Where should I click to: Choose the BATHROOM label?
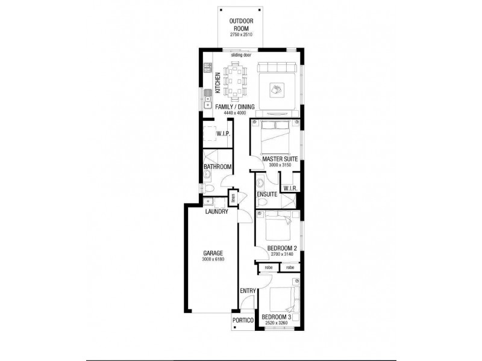[218, 166]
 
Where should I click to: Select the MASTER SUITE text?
[277, 159]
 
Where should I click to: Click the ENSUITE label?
[266, 194]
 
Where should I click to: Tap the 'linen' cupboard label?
[233, 197]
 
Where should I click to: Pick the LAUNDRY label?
[216, 212]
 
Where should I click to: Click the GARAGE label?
[213, 253]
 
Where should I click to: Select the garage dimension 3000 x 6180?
[213, 260]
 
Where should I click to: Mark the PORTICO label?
[245, 321]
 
